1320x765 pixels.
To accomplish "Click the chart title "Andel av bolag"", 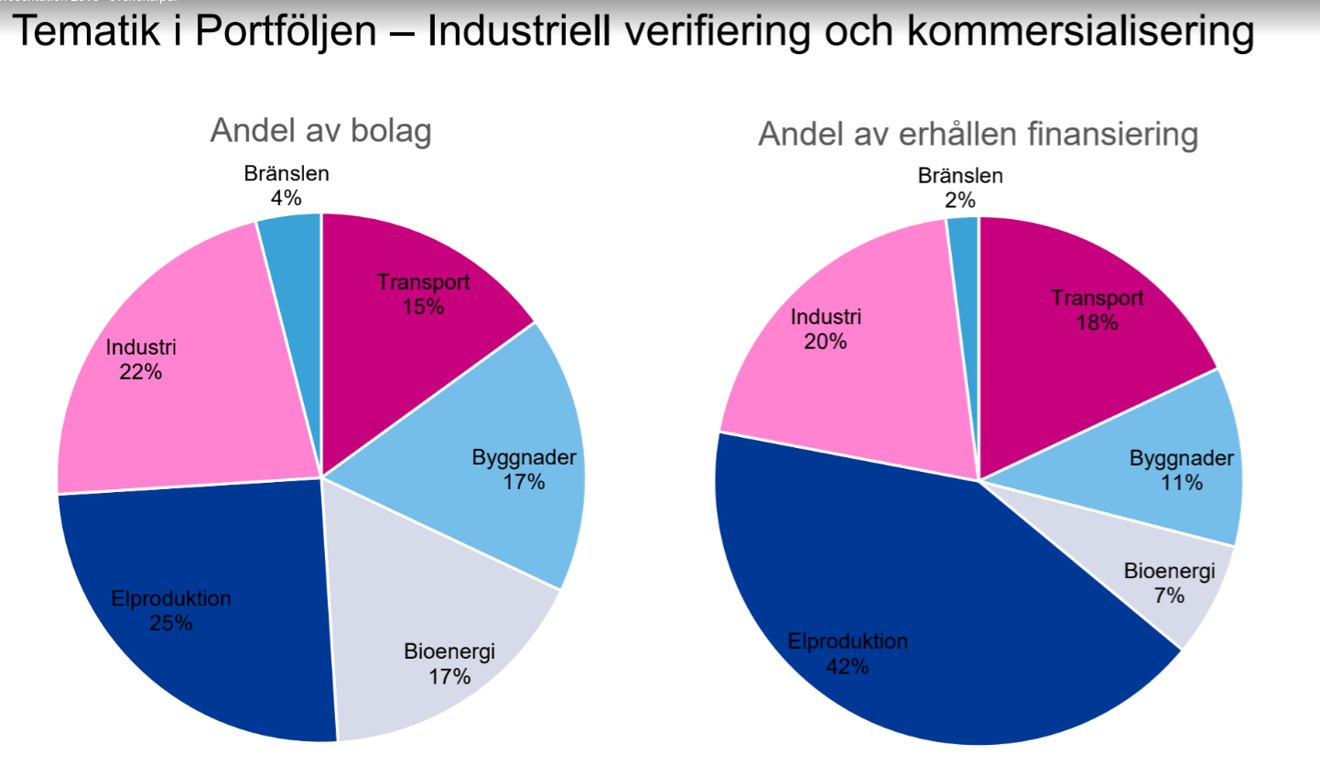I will point(320,131).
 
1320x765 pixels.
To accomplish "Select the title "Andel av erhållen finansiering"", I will point(978,135).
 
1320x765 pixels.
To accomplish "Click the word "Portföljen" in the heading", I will point(285,33).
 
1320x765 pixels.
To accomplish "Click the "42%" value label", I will point(847,666).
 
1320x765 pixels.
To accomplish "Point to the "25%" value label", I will point(171,623).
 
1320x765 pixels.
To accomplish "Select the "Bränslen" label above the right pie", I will point(960,176).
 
